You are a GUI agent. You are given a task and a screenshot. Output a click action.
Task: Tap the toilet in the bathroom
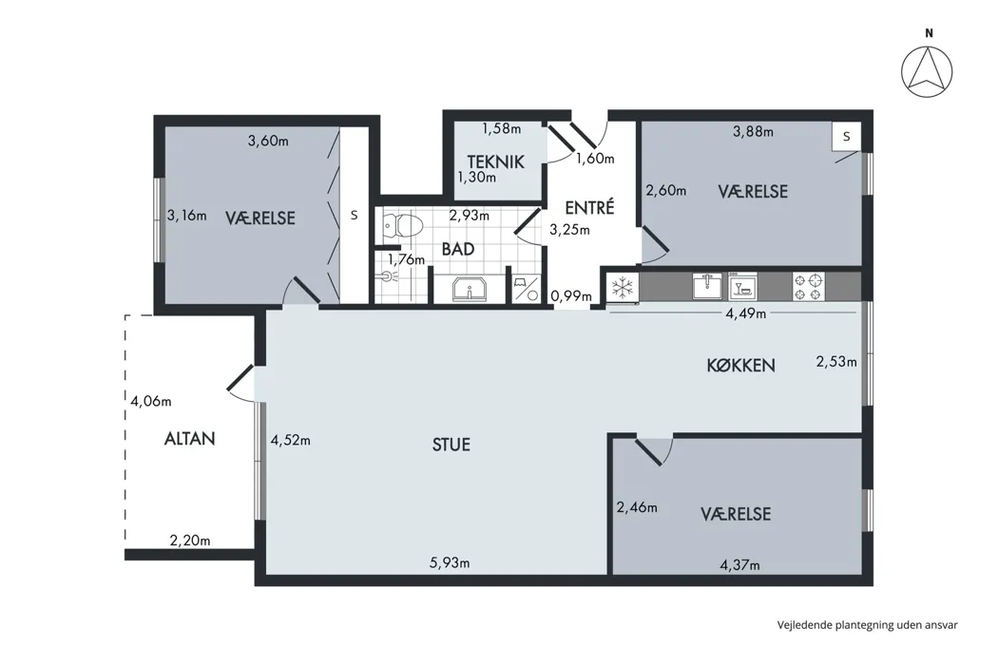click(404, 225)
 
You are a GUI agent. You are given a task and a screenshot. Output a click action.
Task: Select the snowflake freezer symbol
click(622, 286)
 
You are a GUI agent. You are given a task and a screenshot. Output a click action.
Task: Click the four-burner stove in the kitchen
click(808, 286)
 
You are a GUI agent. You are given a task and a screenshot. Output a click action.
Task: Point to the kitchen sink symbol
click(708, 286)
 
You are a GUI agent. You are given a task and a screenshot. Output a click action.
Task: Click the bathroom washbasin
click(470, 290)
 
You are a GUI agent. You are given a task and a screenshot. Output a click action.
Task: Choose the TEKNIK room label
click(496, 161)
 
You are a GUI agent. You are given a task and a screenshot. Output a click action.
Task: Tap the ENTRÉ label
click(589, 207)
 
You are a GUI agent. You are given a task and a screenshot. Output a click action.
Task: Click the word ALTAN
click(190, 439)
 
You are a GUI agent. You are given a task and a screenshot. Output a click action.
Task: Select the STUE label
click(451, 445)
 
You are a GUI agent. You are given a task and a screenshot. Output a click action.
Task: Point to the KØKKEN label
click(740, 365)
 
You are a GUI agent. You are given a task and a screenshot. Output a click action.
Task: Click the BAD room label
click(458, 249)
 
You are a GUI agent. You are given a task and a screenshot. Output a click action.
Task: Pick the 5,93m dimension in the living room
click(450, 562)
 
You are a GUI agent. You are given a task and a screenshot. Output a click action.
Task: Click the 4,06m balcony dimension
click(151, 401)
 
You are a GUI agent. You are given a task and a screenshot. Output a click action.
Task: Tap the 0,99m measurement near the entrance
click(571, 295)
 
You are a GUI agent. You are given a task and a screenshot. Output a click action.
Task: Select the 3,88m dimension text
click(753, 132)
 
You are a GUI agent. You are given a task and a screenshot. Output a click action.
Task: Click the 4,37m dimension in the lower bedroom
click(739, 564)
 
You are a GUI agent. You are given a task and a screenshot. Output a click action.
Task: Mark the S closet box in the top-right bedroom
click(847, 136)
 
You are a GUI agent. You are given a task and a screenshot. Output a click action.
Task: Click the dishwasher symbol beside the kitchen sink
click(742, 286)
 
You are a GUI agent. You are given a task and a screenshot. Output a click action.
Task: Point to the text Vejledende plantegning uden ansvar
click(867, 625)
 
